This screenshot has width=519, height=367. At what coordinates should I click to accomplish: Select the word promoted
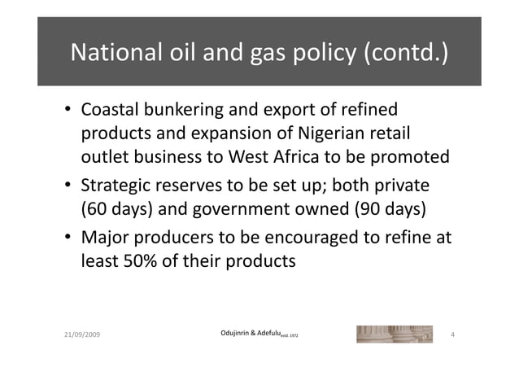click(x=408, y=156)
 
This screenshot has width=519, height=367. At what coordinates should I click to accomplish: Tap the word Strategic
click(x=117, y=185)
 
